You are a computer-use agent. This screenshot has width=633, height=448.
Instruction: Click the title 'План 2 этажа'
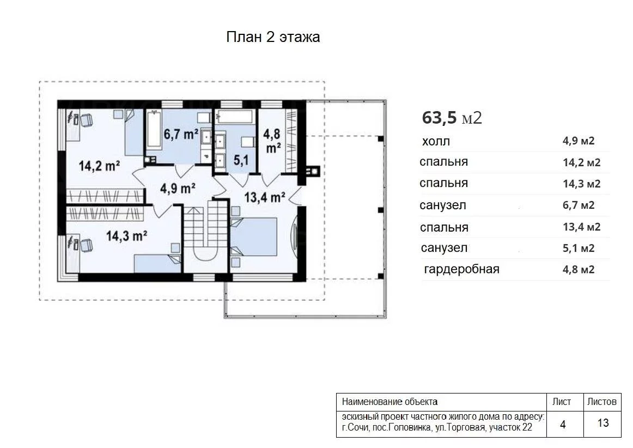tap(273, 37)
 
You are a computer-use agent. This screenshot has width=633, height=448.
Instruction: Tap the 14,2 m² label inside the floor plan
tap(99, 166)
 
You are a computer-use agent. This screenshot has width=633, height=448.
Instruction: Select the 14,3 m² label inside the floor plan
tap(126, 235)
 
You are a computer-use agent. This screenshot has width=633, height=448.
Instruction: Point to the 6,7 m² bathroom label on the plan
tap(181, 134)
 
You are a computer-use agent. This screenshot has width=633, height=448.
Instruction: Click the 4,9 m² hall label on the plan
tap(178, 188)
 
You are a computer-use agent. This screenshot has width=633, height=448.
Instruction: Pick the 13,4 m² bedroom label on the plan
tap(264, 197)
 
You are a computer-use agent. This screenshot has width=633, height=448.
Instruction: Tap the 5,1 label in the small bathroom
tap(241, 160)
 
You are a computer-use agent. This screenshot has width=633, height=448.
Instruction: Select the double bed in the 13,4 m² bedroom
tap(253, 237)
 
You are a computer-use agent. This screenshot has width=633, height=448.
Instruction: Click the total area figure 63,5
tap(439, 118)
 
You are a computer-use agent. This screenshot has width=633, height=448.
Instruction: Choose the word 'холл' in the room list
tap(436, 141)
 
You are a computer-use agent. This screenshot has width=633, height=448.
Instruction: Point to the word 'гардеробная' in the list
tap(461, 269)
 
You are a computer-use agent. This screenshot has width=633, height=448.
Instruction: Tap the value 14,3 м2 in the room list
tap(582, 184)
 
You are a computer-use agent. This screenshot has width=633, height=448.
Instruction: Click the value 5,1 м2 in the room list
tap(579, 248)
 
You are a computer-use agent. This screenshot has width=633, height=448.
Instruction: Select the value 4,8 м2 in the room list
tap(579, 269)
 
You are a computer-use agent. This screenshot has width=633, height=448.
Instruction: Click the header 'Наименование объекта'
tap(389, 402)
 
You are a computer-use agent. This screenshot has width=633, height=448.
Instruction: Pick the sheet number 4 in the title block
tap(563, 424)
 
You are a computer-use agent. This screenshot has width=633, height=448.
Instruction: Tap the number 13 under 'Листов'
tap(602, 423)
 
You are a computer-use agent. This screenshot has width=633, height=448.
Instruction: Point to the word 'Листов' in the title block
tap(601, 402)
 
